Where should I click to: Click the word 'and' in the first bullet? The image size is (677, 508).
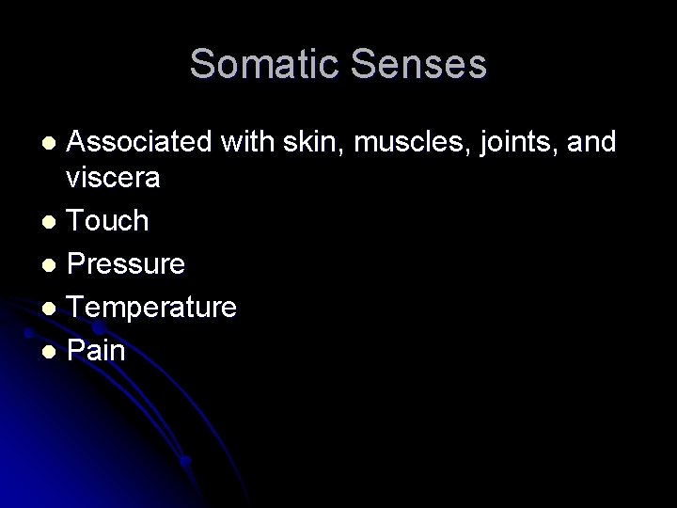coord(591,142)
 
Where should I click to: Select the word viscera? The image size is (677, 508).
coord(114,178)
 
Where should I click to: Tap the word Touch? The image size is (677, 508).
coord(109,221)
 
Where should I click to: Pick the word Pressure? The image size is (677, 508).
coord(127,264)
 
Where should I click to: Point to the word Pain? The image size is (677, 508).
coord(97,351)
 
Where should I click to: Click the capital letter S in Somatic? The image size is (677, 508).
coord(202,65)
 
